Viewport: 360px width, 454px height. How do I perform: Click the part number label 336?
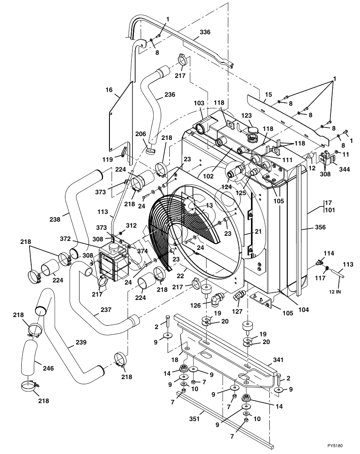(x=205, y=32)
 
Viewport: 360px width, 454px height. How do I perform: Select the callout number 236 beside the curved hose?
(x=170, y=95)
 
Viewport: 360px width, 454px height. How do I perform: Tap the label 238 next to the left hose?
(x=55, y=219)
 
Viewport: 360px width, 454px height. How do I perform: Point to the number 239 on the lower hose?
(x=81, y=342)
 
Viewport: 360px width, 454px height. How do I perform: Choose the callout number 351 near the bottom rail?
(x=194, y=418)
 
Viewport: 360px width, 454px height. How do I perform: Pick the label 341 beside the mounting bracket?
(x=278, y=359)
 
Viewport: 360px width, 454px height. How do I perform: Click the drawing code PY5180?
(x=337, y=445)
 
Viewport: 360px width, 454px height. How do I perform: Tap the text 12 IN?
(x=335, y=292)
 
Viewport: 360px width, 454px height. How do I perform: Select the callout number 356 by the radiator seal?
(x=320, y=227)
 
